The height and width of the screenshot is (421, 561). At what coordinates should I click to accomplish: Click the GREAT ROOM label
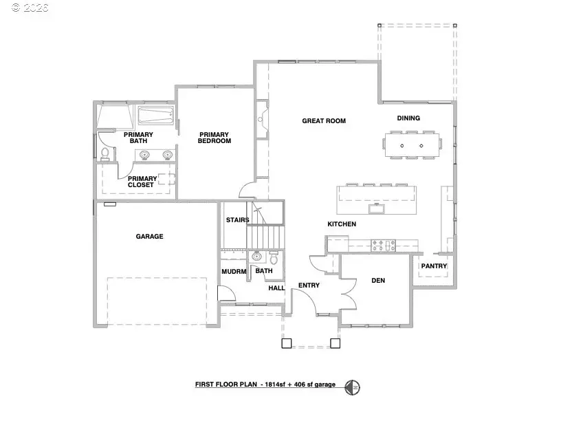[324, 121]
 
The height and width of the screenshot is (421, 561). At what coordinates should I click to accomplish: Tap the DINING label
[408, 118]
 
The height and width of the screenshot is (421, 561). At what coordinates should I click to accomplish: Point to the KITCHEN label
[341, 224]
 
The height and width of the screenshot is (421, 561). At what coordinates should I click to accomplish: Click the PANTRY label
[434, 266]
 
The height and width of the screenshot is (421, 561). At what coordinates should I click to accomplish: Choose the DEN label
[377, 280]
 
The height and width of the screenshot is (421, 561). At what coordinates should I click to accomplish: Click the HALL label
[276, 288]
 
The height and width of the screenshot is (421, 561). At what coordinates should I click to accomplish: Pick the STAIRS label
[237, 220]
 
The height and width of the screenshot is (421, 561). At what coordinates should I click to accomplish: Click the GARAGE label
[149, 237]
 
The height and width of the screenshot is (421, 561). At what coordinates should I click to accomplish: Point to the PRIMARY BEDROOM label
[215, 138]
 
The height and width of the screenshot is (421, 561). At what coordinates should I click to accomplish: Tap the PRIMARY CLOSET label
[142, 182]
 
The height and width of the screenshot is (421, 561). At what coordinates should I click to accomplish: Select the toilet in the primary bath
[104, 153]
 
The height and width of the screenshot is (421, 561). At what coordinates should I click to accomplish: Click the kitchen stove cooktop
[382, 243]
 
